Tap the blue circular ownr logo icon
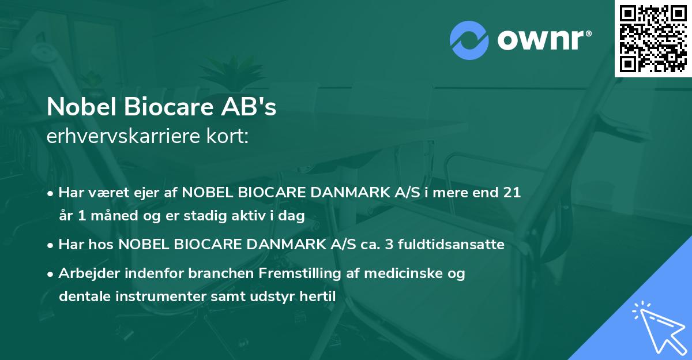(470, 40)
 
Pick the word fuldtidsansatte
(452, 245)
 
